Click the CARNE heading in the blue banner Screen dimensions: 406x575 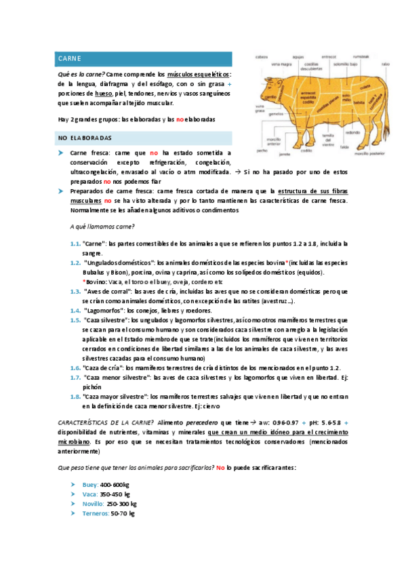tap(70, 59)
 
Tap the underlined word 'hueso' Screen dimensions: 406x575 tap(103, 93)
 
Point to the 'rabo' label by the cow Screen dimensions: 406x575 tap(386, 64)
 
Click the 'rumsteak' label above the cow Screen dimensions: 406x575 tap(361, 57)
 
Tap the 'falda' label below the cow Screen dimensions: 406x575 tap(344, 145)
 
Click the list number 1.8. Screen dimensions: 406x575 tap(75, 395)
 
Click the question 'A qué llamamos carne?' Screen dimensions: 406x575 tap(102, 226)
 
